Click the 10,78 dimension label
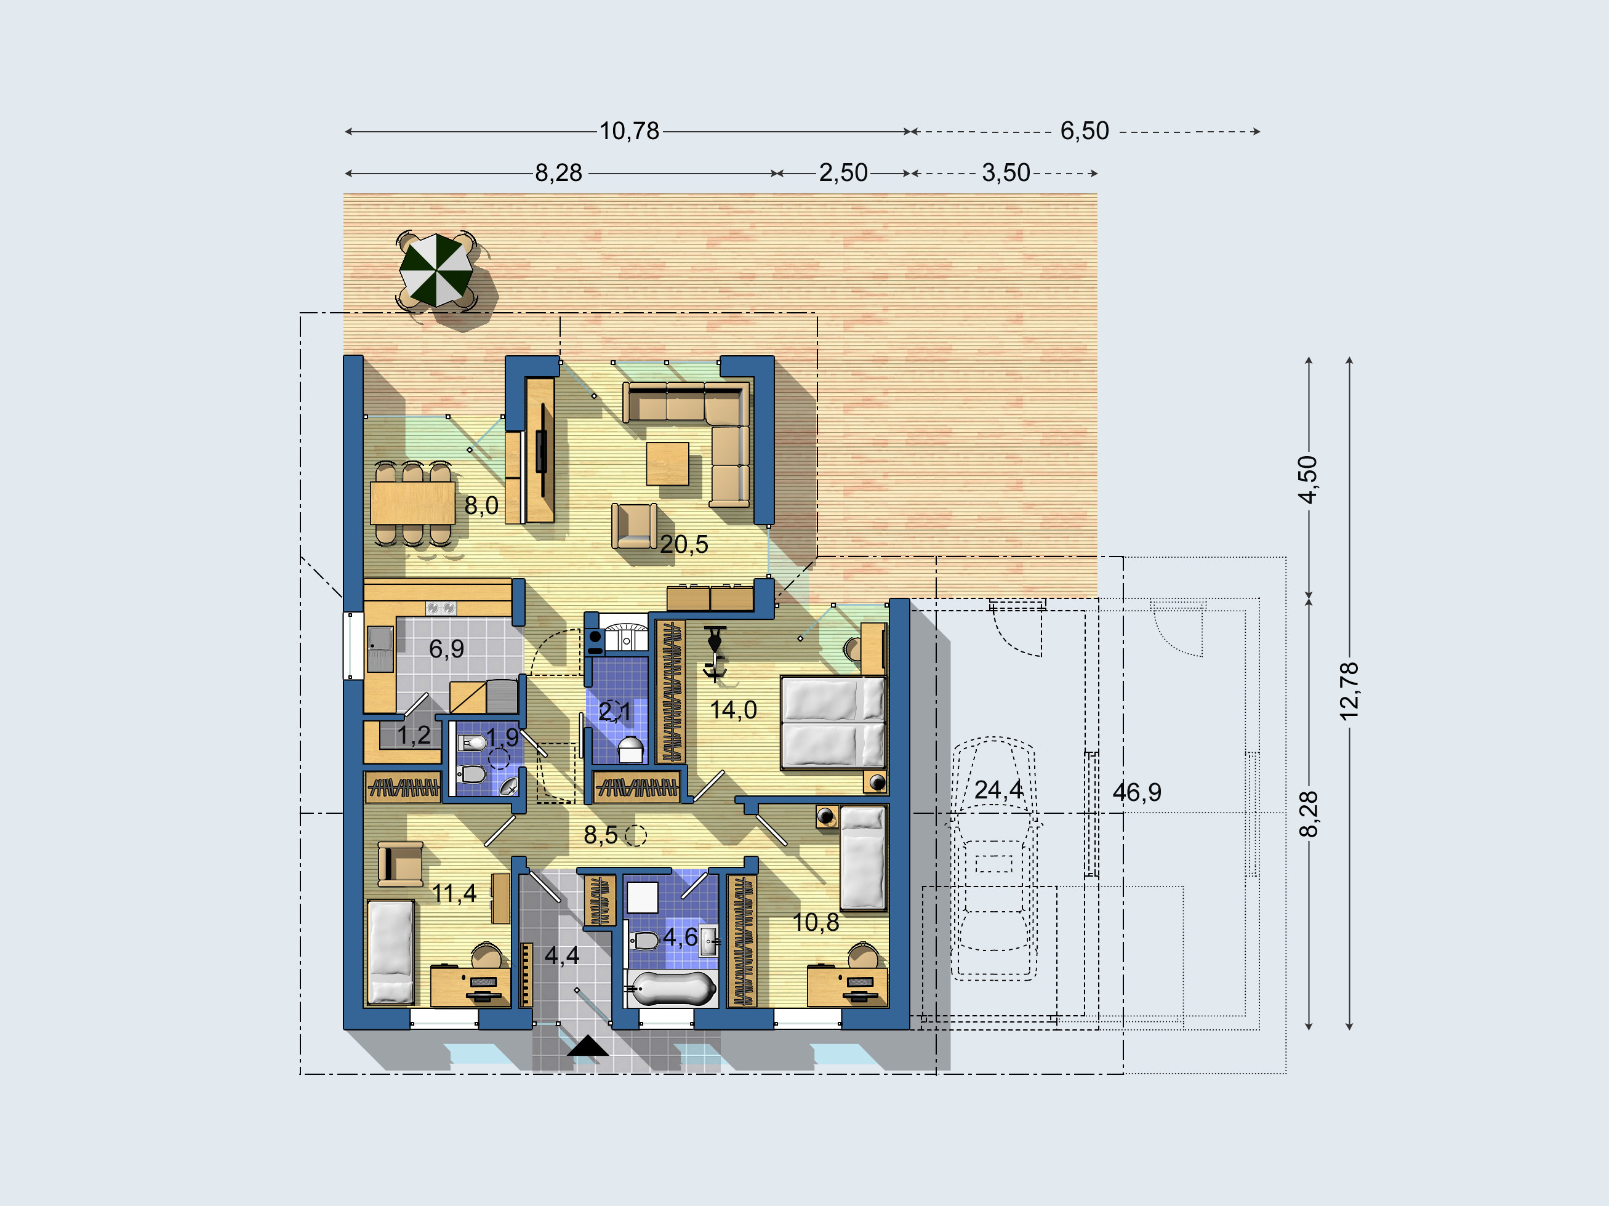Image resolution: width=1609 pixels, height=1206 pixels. pos(629,131)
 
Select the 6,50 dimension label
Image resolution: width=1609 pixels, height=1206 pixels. pos(1085,131)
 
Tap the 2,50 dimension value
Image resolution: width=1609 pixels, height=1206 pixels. pos(844,173)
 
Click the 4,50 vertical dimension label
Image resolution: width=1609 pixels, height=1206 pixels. pos(1308,480)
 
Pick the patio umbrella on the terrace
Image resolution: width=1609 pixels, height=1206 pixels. pos(436,270)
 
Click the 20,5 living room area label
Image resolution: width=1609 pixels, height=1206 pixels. pos(684,544)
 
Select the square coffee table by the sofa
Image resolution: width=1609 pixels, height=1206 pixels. pos(668,464)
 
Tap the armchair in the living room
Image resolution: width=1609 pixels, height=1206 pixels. pos(634,525)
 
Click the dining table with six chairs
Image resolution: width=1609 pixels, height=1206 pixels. pos(412,502)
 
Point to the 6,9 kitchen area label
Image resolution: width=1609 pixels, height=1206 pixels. pos(447,649)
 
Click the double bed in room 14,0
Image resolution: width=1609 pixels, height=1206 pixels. pos(833,722)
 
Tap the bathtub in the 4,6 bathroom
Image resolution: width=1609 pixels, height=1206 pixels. pos(672,989)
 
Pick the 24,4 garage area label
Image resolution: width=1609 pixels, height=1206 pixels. pos(999,790)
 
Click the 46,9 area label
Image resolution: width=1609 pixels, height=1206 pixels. pos(1137,792)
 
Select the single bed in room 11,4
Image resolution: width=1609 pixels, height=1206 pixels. pos(391,952)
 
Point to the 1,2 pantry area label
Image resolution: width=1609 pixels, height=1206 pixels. pos(414,736)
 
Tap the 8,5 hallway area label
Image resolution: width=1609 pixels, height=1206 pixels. pos(601,835)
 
